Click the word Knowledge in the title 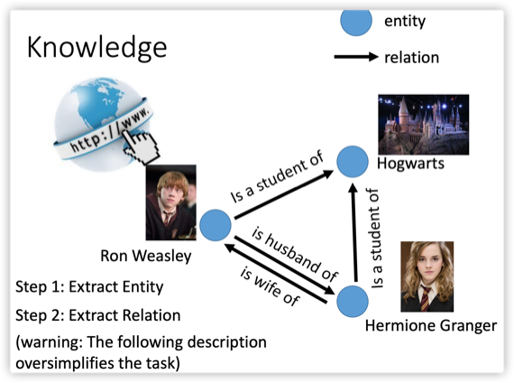pos(97,48)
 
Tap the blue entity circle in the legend pos(356,21)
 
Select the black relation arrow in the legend pos(356,57)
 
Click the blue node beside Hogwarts pos(353,162)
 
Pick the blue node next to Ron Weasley pos(216,225)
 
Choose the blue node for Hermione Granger pos(353,302)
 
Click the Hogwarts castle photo pos(424,125)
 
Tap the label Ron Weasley pos(146,257)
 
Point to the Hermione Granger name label pos(431,326)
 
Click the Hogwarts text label pos(410,163)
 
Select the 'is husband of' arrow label pos(295,255)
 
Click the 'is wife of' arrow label pos(270,286)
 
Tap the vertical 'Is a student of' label pos(376,238)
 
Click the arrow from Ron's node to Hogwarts pos(284,194)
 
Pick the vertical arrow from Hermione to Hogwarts pos(353,232)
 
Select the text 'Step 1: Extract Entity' pos(89,287)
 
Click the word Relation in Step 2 pos(153,315)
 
